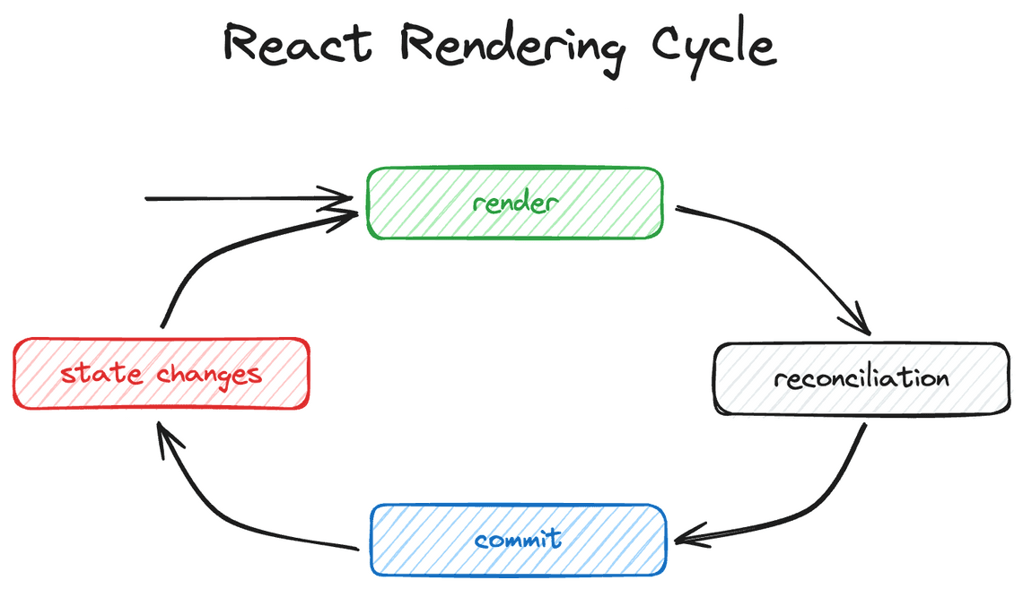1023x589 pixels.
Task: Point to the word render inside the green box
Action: point(514,204)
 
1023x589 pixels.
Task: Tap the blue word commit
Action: point(519,540)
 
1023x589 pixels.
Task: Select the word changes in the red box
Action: point(210,374)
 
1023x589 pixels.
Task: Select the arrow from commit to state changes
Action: point(224,511)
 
